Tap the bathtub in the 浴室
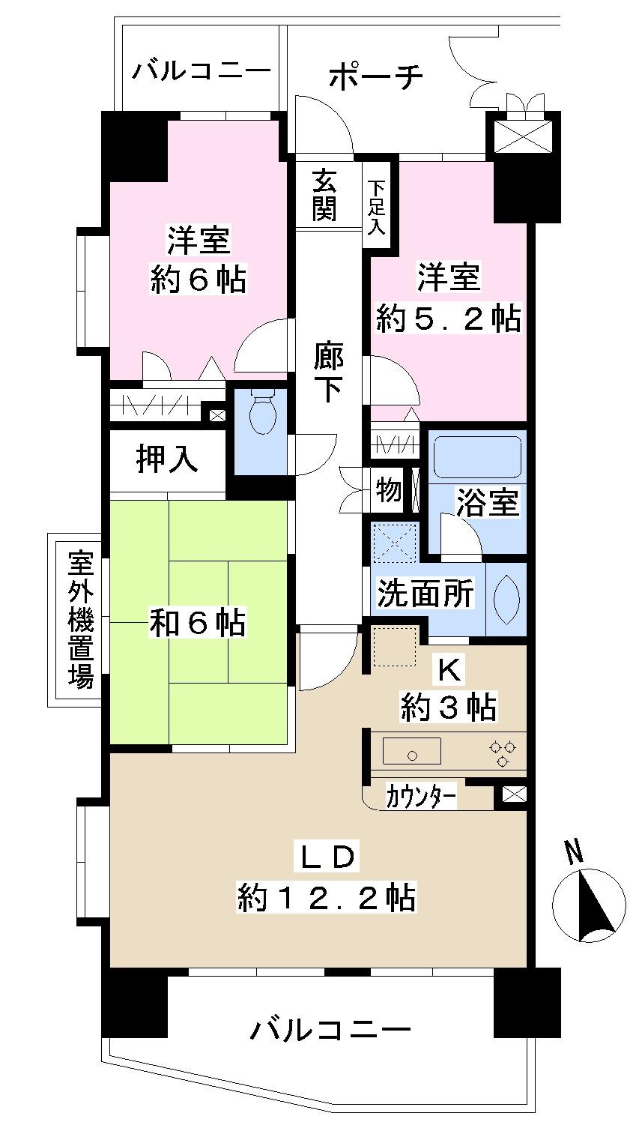click(476, 456)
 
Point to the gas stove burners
click(502, 753)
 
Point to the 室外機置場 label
click(81, 619)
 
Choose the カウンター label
click(421, 797)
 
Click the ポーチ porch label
click(376, 76)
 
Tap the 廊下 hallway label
click(329, 372)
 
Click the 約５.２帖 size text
click(448, 318)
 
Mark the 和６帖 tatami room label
click(198, 623)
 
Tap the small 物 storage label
click(389, 490)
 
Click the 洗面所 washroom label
click(426, 594)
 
